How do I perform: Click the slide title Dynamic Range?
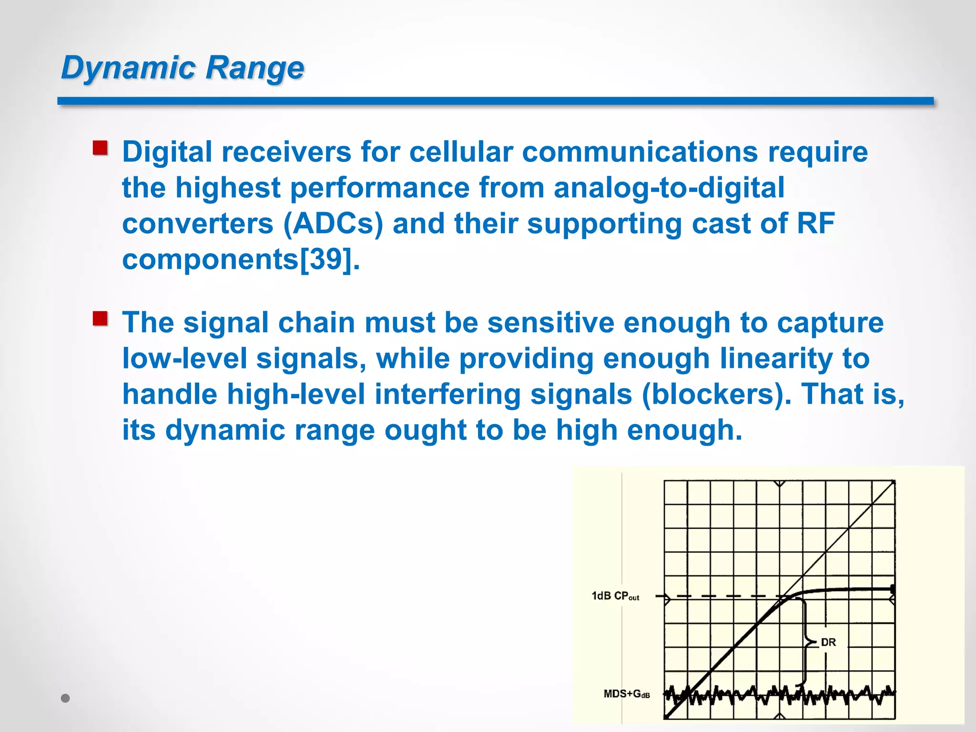click(183, 67)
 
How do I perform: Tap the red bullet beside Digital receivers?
click(100, 148)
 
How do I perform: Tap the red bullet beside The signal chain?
click(100, 318)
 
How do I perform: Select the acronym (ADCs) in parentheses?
click(333, 224)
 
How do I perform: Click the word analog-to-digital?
click(669, 188)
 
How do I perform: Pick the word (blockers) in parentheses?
click(716, 395)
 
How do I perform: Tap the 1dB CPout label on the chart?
click(615, 596)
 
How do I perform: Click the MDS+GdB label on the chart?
click(626, 694)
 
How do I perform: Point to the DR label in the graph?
click(828, 642)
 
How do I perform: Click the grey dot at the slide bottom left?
click(66, 698)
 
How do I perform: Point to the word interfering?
click(448, 395)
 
